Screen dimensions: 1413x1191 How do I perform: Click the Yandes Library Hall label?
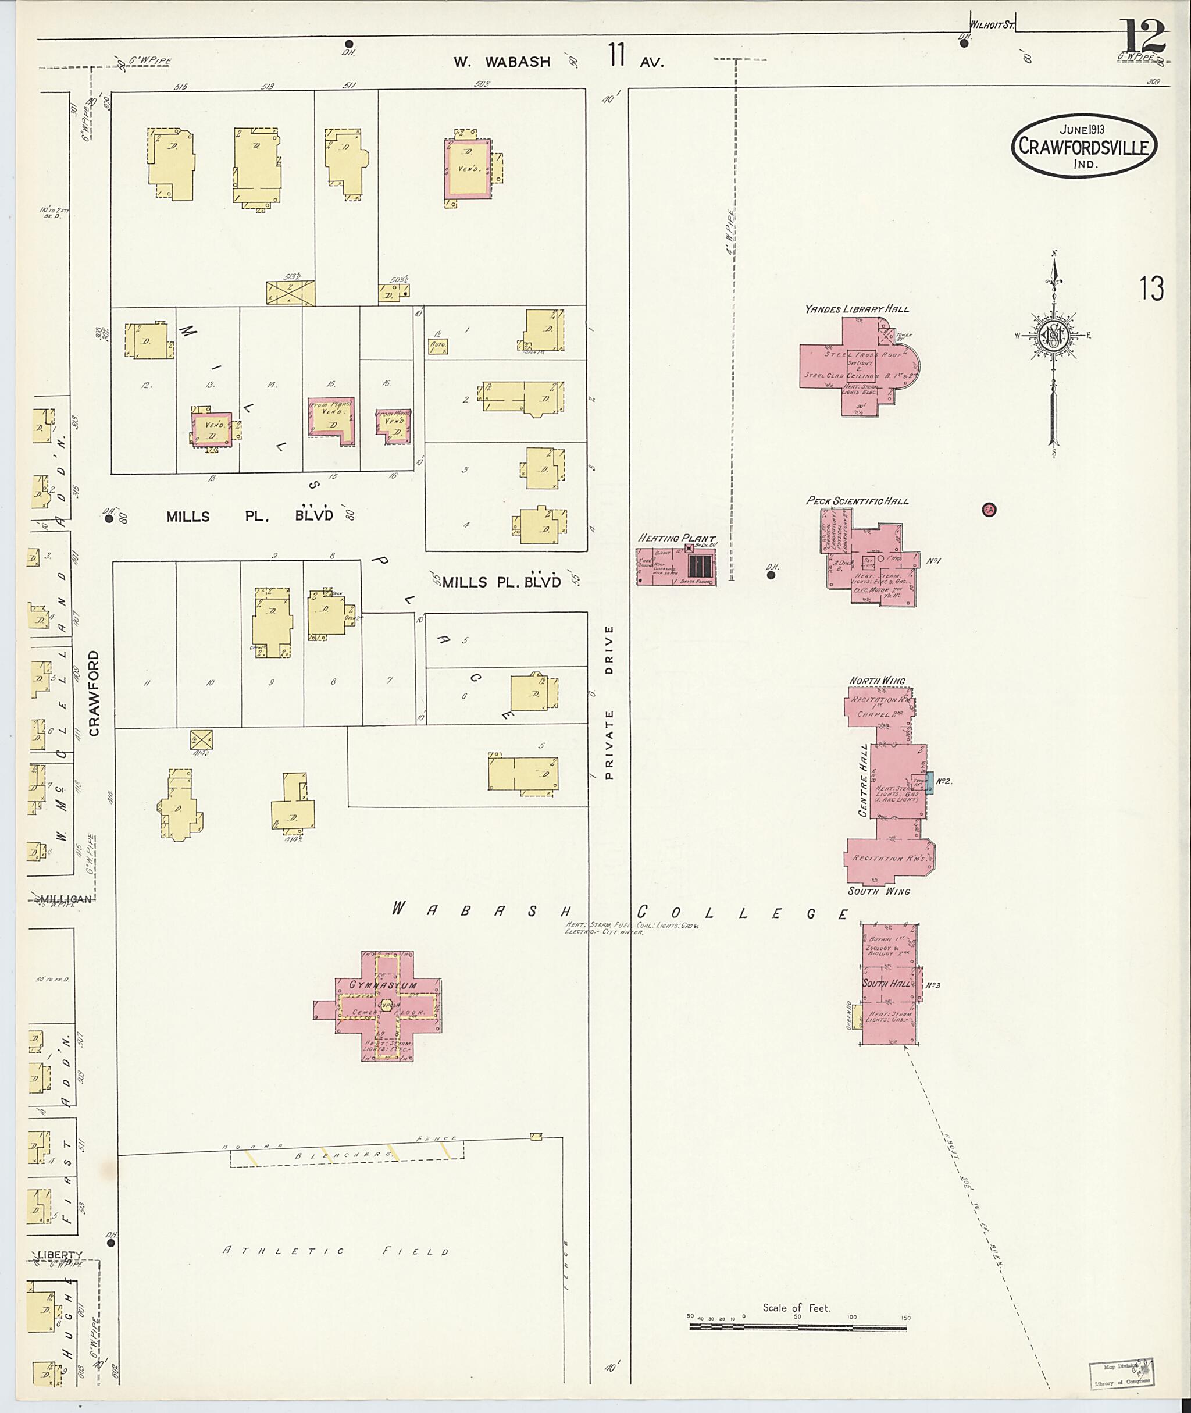[856, 309]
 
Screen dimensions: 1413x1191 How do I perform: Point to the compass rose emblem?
[1053, 334]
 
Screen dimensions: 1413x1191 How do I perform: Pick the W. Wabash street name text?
[502, 62]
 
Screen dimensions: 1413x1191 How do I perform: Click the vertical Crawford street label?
[93, 693]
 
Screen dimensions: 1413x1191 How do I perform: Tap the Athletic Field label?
[337, 1251]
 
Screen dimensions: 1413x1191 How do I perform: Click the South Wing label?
[878, 891]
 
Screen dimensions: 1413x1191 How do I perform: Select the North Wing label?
[877, 680]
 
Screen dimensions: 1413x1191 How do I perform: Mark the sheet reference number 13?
[1151, 289]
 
